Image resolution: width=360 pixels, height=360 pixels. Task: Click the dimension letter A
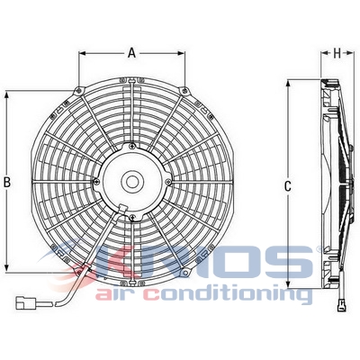tap(131, 53)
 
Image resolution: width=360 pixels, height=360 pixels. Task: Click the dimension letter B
tap(8, 183)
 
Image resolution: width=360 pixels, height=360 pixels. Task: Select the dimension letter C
tap(287, 186)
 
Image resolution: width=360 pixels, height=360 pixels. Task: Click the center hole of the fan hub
tap(132, 180)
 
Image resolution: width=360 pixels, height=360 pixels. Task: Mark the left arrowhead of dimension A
tap(83, 53)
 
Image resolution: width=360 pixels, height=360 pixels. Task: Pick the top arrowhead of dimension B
tap(8, 94)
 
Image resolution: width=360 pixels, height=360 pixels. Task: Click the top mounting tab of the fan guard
tap(132, 84)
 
